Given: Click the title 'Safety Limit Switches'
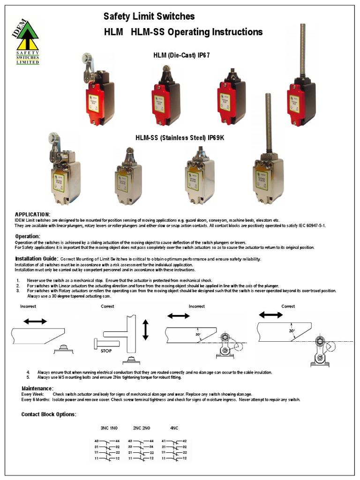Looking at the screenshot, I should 149,16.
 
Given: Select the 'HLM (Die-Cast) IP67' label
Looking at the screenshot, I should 181,55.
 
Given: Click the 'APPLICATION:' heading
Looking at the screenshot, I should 33,214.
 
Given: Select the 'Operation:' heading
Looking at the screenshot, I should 28,236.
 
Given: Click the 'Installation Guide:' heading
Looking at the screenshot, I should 37,259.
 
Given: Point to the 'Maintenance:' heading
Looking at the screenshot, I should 37,389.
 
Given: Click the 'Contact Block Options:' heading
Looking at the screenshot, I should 49,414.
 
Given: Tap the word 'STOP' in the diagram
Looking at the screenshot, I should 106,350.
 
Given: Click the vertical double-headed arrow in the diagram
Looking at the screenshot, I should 145,330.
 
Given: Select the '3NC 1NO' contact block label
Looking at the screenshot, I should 110,427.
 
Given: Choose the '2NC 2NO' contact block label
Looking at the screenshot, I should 142,427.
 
